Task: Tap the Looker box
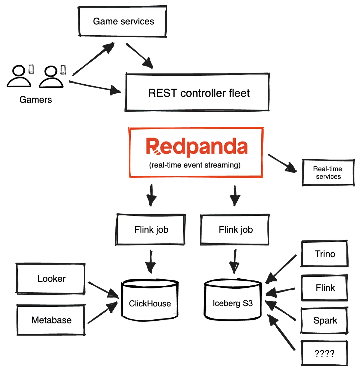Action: pos(51,278)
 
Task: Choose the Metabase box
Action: pos(51,320)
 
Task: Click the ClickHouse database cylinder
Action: pos(150,298)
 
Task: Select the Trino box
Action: pos(325,254)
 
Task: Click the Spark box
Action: pos(325,321)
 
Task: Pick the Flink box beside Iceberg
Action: pos(325,288)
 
